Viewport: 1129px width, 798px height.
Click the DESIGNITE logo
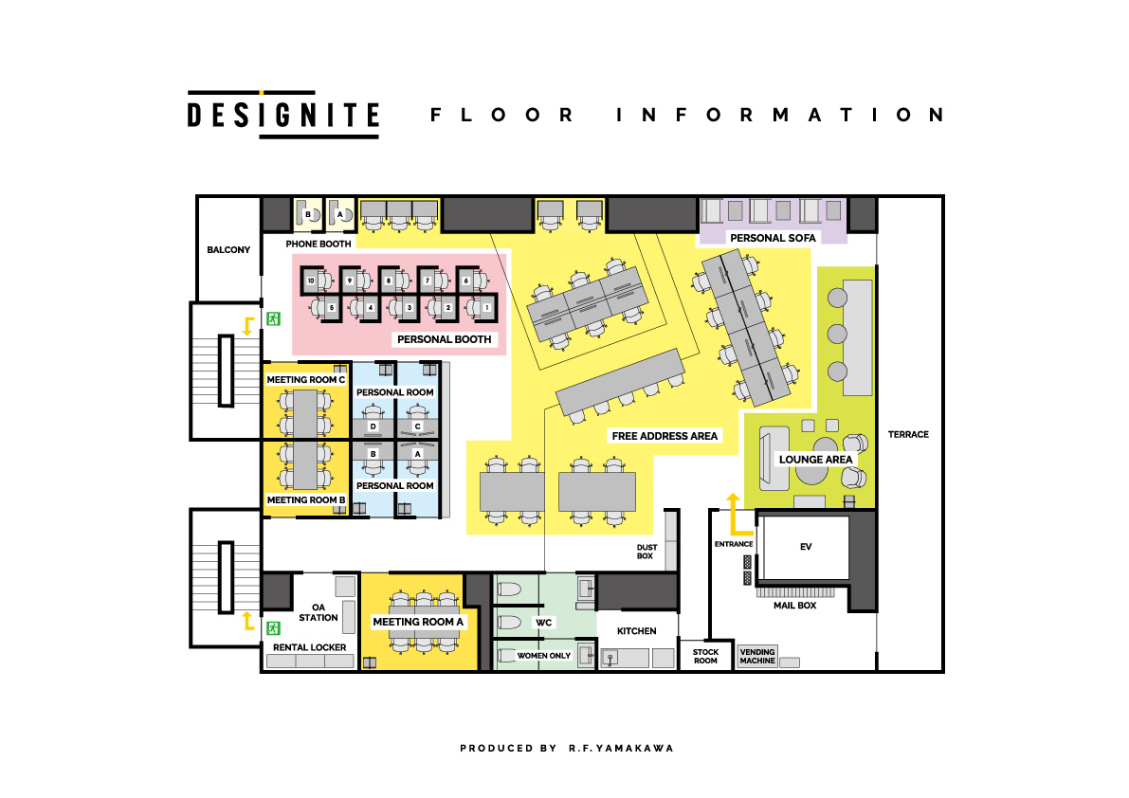[x=282, y=115]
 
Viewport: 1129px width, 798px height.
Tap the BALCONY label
[x=228, y=250]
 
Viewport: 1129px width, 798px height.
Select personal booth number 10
[x=310, y=281]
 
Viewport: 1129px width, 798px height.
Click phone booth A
[x=339, y=215]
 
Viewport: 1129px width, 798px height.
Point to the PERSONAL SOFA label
[x=773, y=238]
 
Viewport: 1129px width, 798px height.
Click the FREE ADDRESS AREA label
[x=665, y=436]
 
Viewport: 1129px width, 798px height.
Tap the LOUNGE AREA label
[x=816, y=460]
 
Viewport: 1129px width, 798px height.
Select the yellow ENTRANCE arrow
[x=733, y=514]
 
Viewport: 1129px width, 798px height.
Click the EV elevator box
[x=806, y=547]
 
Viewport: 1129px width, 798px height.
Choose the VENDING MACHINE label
[x=756, y=656]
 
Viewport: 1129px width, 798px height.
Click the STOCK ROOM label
[x=705, y=656]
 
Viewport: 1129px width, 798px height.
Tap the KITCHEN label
[x=637, y=630]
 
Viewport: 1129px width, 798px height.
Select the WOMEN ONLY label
[x=543, y=655]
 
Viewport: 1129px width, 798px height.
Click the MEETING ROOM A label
[x=418, y=623]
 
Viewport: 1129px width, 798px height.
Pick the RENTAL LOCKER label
[x=309, y=647]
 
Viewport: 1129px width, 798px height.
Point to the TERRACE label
[x=908, y=435]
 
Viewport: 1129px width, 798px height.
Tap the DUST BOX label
[x=646, y=552]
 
